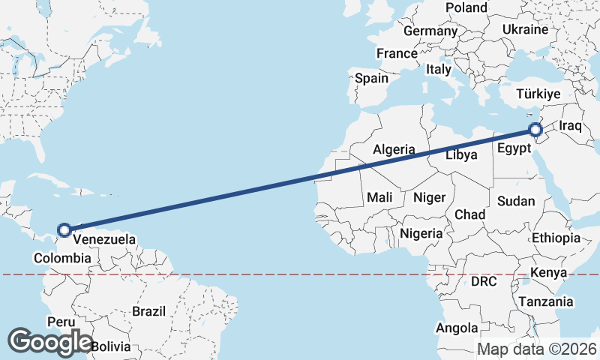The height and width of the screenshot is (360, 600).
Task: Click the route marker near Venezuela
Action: (64, 229)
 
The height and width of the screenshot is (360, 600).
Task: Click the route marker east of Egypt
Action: (535, 130)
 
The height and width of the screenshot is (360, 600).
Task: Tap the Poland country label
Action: (466, 7)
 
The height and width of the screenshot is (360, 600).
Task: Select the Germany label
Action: (430, 31)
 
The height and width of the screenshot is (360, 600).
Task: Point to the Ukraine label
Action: (525, 29)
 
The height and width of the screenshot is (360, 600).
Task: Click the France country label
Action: (397, 53)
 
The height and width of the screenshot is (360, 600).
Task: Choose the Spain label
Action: (371, 78)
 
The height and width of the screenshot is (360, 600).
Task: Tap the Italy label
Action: (438, 69)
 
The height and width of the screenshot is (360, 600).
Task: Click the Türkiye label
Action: (538, 94)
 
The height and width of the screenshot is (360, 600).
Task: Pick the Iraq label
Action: (570, 125)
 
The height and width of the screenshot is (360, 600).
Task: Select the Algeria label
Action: (394, 149)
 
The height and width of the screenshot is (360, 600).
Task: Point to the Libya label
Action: (461, 155)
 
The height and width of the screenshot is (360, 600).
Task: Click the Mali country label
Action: (379, 197)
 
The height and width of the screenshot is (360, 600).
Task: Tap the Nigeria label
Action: (421, 233)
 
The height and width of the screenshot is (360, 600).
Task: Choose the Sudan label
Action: (516, 200)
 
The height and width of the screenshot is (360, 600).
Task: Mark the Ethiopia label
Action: (556, 238)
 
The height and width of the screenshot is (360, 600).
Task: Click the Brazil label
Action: (148, 310)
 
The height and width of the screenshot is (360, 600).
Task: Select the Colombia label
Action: (62, 258)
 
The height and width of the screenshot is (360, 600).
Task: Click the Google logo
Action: (49, 341)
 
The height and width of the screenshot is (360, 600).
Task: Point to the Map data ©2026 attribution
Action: (537, 349)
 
